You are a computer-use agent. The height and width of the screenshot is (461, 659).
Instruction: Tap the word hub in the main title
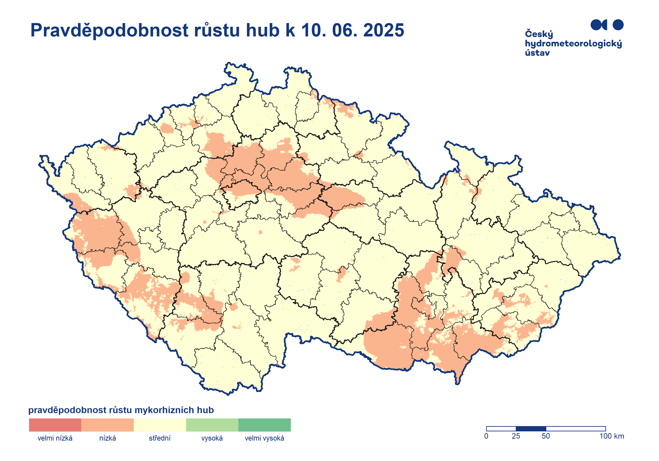click(x=263, y=30)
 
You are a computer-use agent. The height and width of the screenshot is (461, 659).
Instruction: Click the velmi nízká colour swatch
click(x=55, y=425)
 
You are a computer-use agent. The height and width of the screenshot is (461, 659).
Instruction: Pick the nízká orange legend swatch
click(x=107, y=425)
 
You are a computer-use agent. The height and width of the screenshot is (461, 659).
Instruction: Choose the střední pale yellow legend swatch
click(x=160, y=425)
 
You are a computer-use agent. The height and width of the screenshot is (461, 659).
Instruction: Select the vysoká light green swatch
click(x=212, y=425)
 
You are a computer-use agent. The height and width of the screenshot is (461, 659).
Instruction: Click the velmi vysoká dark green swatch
click(x=264, y=425)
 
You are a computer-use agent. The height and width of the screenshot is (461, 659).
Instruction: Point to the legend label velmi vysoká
click(x=264, y=438)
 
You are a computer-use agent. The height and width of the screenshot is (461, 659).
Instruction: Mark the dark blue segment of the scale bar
click(x=531, y=429)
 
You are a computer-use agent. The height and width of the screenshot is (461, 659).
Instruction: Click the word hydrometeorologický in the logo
click(x=573, y=44)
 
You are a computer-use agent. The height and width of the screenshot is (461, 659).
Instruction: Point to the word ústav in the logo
click(x=537, y=53)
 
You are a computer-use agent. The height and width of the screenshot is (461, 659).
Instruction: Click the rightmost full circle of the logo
click(x=618, y=25)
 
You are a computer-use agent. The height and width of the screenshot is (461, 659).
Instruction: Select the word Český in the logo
click(x=539, y=34)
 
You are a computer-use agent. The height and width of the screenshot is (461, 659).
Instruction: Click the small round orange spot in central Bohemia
click(x=260, y=232)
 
